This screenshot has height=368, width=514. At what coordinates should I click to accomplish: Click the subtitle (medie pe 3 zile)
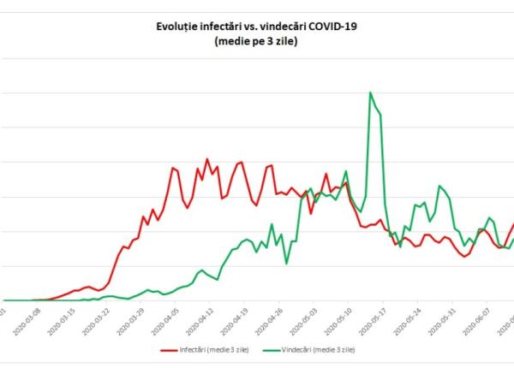[256, 41]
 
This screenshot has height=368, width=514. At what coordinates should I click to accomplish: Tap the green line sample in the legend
[272, 349]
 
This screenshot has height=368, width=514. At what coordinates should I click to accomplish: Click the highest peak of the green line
[369, 92]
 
